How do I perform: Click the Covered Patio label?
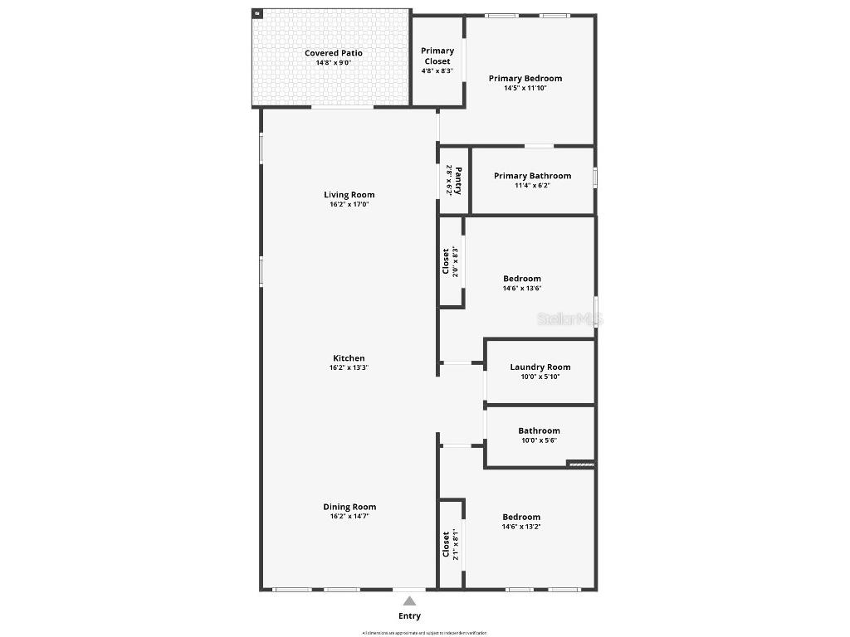coord(333,53)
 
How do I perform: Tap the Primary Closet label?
coord(437,56)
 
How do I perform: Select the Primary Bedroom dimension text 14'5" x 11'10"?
coord(525,88)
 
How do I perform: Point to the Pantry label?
coord(457,179)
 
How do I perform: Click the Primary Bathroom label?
coord(532,176)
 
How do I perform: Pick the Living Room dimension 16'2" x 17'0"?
coord(349,204)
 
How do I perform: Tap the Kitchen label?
coord(349,358)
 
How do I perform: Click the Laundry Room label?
coord(540,367)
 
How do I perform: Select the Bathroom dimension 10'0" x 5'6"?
coord(539,440)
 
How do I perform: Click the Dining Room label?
coord(349,507)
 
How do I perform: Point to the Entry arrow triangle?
coord(409,601)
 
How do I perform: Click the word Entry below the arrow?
coord(409,616)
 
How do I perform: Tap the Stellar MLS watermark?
coord(569,318)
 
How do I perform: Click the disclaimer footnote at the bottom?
coord(424,633)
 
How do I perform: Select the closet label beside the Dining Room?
coord(446,544)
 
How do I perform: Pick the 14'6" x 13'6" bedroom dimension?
coord(521,289)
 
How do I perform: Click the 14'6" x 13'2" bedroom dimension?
coord(520,527)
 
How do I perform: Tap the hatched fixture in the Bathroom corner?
coord(581,464)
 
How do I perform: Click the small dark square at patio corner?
coord(257,13)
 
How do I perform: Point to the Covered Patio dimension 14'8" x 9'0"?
coord(333,63)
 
